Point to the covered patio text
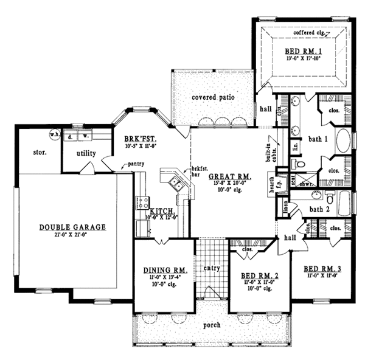[x=213, y=97]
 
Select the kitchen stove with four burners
[x=142, y=201]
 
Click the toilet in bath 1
[x=293, y=164]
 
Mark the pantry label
[x=134, y=165]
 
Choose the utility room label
[x=88, y=154]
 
